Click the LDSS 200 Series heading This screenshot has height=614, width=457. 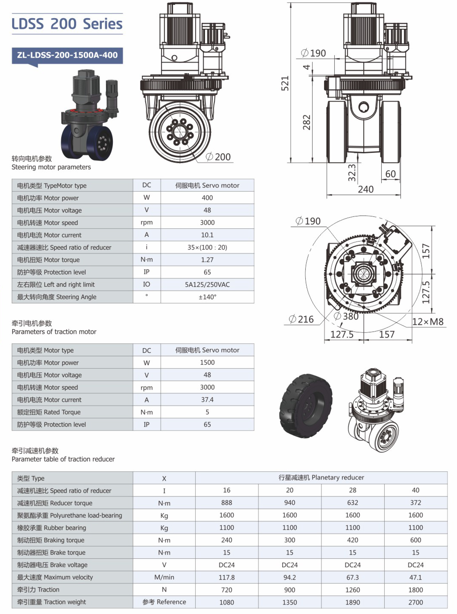(67, 24)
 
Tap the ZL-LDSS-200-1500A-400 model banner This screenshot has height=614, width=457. (67, 55)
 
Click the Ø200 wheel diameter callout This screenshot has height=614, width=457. (218, 157)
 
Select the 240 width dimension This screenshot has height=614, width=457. (365, 189)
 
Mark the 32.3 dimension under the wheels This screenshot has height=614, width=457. (352, 172)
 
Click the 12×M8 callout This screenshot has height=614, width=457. (428, 322)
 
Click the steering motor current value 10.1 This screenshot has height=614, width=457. (207, 235)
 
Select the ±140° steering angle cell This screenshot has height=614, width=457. (207, 297)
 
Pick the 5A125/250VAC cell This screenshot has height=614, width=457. (207, 284)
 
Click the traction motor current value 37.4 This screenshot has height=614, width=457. (207, 400)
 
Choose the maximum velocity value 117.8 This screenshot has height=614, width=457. (227, 577)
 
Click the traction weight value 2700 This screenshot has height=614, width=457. (416, 602)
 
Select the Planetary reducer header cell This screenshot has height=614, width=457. (321, 477)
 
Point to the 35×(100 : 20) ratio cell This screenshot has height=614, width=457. (207, 248)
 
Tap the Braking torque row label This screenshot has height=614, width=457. (51, 540)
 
